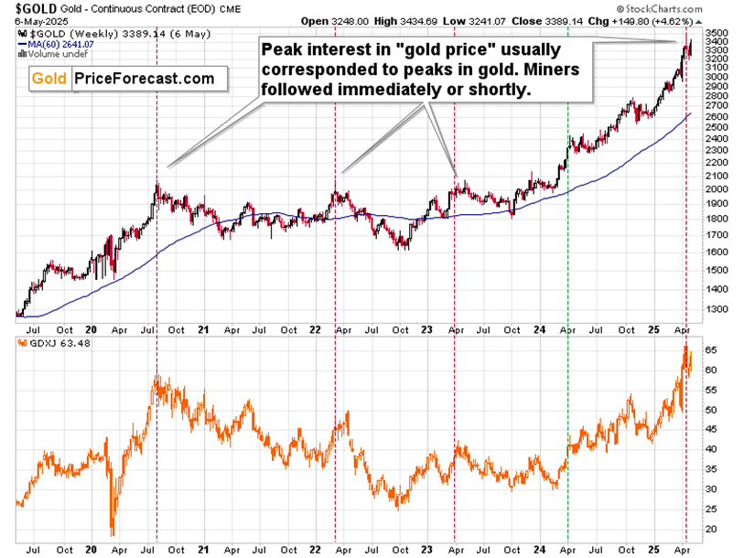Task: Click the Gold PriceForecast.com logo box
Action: pyautogui.click(x=124, y=79)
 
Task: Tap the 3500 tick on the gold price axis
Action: pyautogui.click(x=717, y=31)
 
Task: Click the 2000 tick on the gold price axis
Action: pyautogui.click(x=717, y=189)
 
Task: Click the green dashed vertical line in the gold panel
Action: pyautogui.click(x=568, y=229)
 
